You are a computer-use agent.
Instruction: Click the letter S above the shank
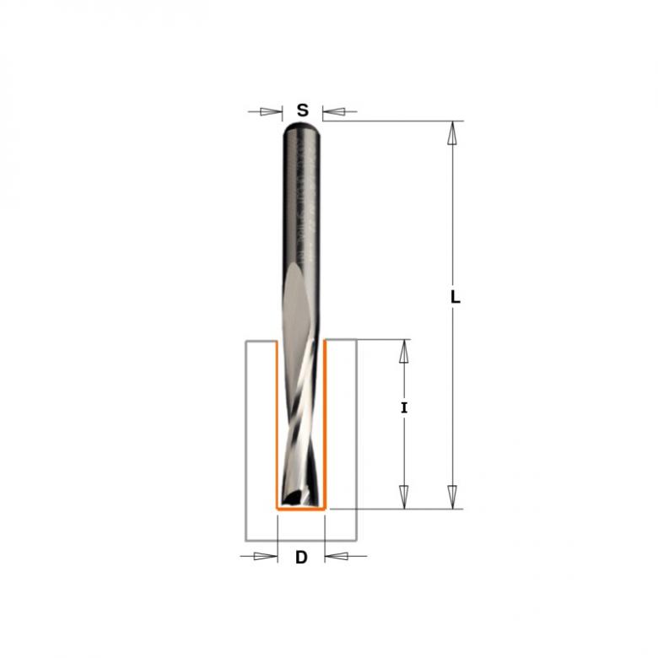click(303, 111)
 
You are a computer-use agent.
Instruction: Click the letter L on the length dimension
click(456, 298)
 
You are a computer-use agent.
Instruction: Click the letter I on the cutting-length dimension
click(404, 407)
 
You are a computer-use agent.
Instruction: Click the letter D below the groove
click(301, 558)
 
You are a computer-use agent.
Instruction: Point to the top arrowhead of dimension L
click(452, 132)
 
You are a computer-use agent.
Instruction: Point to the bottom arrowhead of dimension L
click(452, 497)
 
